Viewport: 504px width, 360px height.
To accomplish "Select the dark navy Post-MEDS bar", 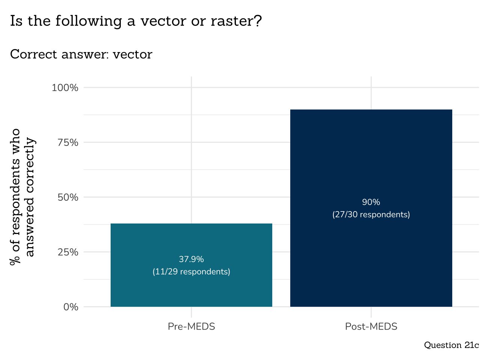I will click(371, 157).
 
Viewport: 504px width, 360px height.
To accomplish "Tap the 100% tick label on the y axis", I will click(65, 88).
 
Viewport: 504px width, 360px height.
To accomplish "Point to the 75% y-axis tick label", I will click(68, 142).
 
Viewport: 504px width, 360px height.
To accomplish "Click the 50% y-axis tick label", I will click(68, 197).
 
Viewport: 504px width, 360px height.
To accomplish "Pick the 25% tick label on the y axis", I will click(68, 252).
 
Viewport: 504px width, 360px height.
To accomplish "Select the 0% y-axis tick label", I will click(70, 307).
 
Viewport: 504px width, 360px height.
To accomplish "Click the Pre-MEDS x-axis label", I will click(191, 326).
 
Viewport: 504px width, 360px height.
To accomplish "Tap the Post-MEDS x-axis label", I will click(371, 326).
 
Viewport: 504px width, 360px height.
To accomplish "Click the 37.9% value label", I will click(191, 259).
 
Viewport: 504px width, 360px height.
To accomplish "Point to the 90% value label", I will click(371, 202).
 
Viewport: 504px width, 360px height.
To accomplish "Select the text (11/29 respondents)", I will click(191, 271).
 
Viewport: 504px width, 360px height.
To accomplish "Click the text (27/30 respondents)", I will click(371, 214).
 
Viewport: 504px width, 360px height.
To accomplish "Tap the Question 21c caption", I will click(451, 345).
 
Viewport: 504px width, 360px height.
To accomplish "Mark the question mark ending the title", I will click(258, 21).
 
